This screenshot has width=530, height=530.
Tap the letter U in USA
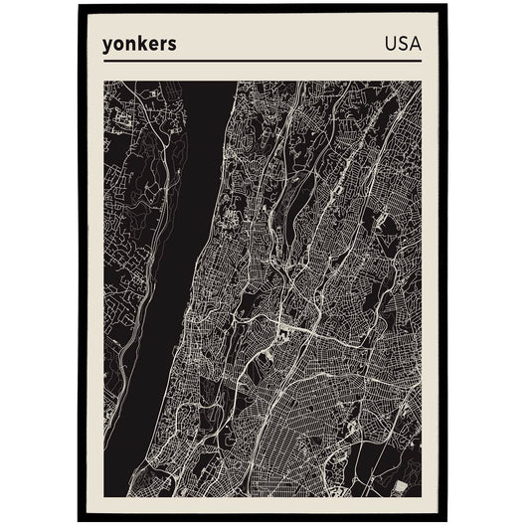[x=390, y=44]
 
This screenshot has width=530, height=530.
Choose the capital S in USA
[x=402, y=44]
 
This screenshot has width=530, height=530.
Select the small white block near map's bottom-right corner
[x=400, y=486]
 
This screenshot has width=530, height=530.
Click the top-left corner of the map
[x=104, y=82]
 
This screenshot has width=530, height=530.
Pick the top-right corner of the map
[x=421, y=82]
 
